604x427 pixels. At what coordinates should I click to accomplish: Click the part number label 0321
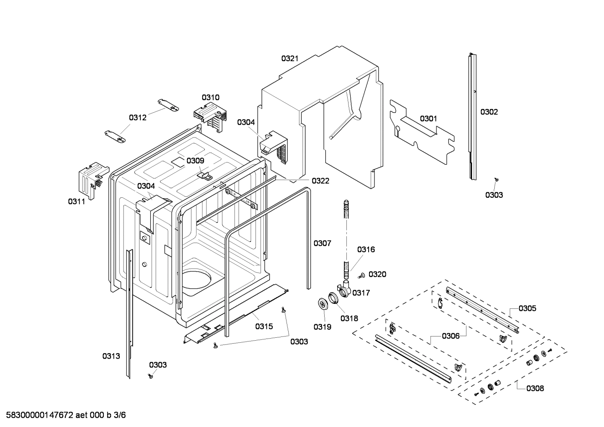pyautogui.click(x=289, y=59)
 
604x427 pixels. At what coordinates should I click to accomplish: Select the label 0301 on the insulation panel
pyautogui.click(x=428, y=119)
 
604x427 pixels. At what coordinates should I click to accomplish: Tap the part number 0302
pyautogui.click(x=489, y=112)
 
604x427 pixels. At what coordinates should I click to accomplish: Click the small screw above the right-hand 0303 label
pyautogui.click(x=496, y=179)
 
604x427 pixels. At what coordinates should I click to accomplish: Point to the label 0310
pyautogui.click(x=210, y=98)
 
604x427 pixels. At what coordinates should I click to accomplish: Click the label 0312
pyautogui.click(x=137, y=118)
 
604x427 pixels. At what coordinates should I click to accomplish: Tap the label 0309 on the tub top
pyautogui.click(x=195, y=160)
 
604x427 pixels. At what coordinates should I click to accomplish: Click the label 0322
pyautogui.click(x=320, y=181)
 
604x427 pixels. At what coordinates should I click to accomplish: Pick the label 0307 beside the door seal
pyautogui.click(x=322, y=243)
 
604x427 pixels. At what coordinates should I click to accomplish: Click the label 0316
pyautogui.click(x=366, y=250)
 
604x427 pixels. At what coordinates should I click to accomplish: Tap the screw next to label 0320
pyautogui.click(x=361, y=275)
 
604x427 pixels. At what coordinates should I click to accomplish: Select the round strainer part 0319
pyautogui.click(x=323, y=304)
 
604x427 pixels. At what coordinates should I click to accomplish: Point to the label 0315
pyautogui.click(x=264, y=326)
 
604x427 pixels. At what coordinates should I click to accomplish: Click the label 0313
pyautogui.click(x=111, y=356)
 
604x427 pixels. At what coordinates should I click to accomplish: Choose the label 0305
pyautogui.click(x=527, y=308)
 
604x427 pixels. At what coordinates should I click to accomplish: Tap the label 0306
pyautogui.click(x=451, y=336)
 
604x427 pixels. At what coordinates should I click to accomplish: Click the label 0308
pyautogui.click(x=535, y=388)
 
